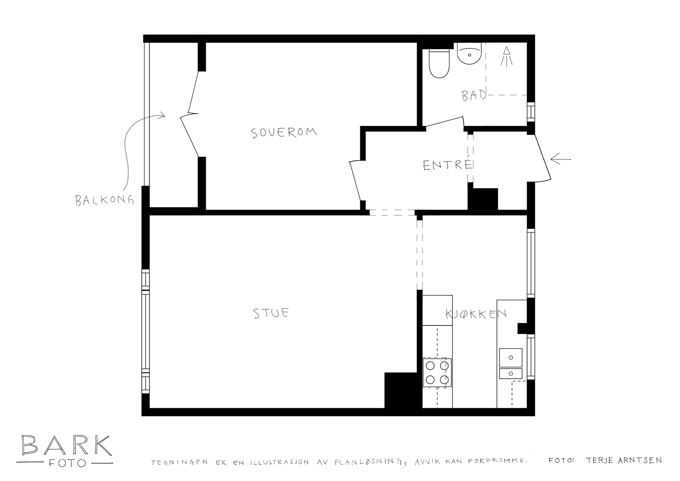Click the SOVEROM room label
(284, 132)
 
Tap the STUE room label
(271, 313)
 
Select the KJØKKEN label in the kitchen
(476, 314)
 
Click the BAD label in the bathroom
(474, 95)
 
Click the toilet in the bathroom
(439, 64)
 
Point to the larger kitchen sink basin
(511, 358)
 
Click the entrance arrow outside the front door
(561, 160)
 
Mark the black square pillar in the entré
(483, 199)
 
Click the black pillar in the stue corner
(403, 390)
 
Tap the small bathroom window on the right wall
(531, 112)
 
